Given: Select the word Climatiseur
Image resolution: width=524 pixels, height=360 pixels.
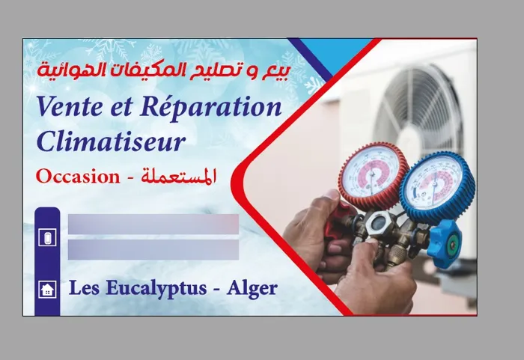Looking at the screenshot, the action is (x=111, y=141).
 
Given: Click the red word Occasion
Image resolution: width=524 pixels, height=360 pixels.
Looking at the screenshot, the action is (x=78, y=177).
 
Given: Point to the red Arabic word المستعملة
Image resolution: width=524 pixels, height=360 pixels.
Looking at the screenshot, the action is (x=178, y=176).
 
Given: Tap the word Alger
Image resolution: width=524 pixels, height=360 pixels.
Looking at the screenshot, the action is (x=252, y=289).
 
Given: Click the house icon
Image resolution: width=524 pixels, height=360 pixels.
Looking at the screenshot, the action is (x=47, y=289).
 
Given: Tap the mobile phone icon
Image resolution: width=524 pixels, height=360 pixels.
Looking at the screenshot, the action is (x=47, y=237).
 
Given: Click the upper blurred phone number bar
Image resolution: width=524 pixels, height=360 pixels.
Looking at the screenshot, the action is (x=153, y=224).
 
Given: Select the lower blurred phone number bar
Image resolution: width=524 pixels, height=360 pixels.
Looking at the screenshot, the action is (x=153, y=249).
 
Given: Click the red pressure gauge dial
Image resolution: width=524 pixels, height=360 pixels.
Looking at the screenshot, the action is (x=373, y=175).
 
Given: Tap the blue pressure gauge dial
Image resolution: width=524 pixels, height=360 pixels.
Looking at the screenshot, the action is (x=436, y=189).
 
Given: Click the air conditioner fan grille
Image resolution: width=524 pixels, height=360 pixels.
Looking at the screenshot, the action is (x=418, y=107).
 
